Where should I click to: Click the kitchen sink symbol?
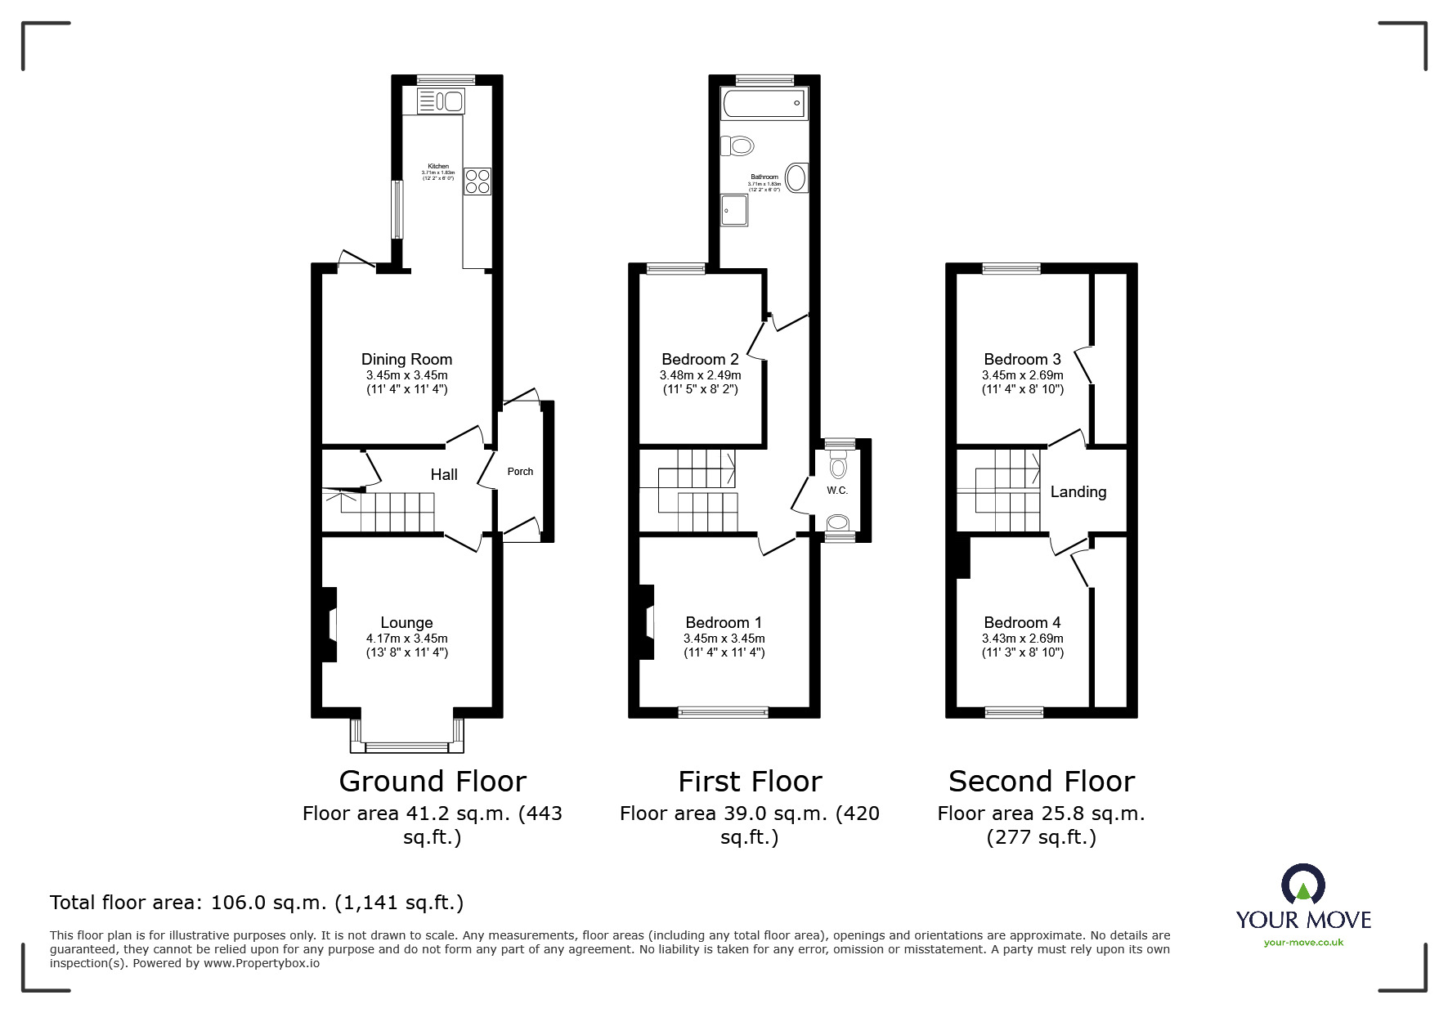point(441,101)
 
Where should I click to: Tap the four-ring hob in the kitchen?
point(477,181)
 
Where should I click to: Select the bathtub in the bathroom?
point(764,104)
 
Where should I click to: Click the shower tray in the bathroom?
point(733,208)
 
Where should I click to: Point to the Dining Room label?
point(406,359)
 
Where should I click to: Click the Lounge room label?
point(406,622)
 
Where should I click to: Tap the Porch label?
point(520,472)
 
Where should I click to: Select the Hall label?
point(444,474)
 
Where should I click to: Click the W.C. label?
point(837,491)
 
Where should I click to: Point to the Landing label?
point(1078,491)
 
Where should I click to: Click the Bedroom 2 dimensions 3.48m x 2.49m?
point(700,375)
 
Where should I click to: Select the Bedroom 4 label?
point(1022,622)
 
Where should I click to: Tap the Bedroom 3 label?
point(1022,359)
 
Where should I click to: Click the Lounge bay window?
point(406,746)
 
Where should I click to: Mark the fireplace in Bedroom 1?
point(647,621)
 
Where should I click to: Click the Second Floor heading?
point(1041,781)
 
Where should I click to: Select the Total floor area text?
point(257,903)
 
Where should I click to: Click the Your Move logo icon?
point(1302,885)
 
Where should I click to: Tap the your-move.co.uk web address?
point(1303,943)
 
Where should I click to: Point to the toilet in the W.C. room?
point(838,467)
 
